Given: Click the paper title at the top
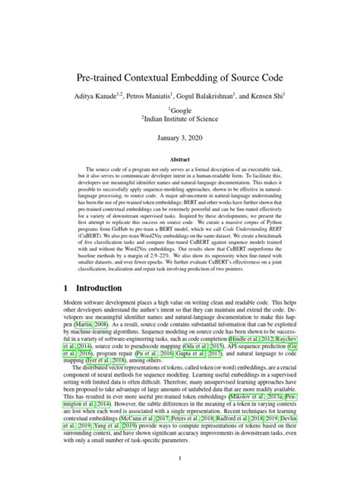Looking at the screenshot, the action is point(180,77).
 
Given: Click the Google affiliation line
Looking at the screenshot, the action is point(180,111).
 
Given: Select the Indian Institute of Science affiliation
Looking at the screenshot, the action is point(180,121).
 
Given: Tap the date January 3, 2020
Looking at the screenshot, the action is point(180,141).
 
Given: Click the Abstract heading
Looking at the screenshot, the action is point(180,162).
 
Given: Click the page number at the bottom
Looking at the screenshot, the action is point(180,458).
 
